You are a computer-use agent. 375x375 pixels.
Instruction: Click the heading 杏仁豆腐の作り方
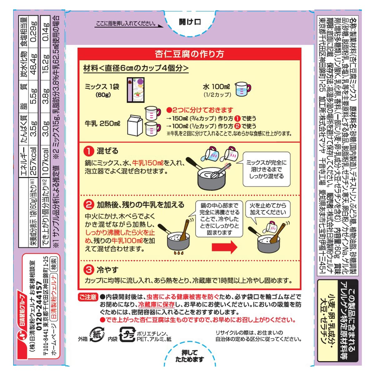click(x=189, y=54)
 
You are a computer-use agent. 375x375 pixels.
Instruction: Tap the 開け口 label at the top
click(x=190, y=22)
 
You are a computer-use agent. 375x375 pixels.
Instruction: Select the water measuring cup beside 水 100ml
click(x=243, y=89)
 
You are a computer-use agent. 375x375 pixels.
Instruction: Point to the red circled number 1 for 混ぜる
click(x=89, y=151)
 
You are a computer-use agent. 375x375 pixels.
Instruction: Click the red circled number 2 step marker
click(x=89, y=205)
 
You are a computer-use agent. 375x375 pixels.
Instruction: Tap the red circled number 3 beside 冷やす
click(x=89, y=270)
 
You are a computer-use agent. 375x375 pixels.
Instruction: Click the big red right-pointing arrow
click(x=224, y=247)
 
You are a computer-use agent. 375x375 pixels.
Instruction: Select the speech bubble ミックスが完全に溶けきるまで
click(x=267, y=169)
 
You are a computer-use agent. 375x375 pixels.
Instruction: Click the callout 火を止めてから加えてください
click(x=267, y=209)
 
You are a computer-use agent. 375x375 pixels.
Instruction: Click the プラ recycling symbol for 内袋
click(x=127, y=335)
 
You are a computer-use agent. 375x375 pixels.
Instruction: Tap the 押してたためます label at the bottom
click(x=189, y=356)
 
